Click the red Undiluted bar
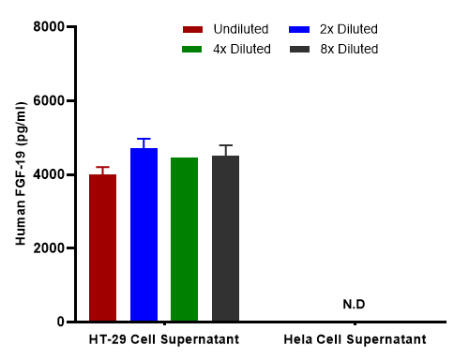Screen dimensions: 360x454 (x=103, y=248)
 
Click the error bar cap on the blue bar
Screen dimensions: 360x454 (x=144, y=139)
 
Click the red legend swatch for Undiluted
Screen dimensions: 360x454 (x=195, y=29)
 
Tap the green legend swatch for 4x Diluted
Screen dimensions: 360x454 (x=195, y=49)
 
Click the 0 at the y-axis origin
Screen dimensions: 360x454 (x=58, y=322)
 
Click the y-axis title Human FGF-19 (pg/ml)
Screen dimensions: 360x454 (x=20, y=175)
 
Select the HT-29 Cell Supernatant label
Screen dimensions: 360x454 (x=164, y=338)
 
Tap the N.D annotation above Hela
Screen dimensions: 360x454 (x=354, y=305)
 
